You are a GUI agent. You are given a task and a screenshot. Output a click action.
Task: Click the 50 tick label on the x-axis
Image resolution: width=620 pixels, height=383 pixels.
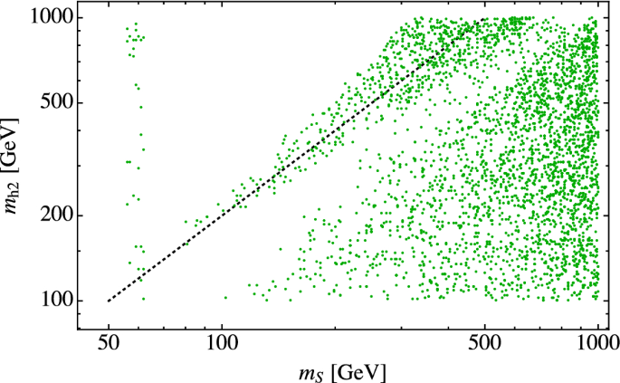coord(109,345)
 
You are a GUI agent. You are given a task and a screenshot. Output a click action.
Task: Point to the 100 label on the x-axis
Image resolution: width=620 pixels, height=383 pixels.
coord(223,345)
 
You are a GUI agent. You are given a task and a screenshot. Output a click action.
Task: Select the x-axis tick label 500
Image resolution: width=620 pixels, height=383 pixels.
coord(485,345)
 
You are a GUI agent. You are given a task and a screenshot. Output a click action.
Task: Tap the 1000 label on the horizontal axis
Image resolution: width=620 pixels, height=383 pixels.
coord(597,345)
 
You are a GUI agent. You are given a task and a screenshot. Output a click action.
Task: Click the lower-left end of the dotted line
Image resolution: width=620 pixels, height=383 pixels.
coord(109,301)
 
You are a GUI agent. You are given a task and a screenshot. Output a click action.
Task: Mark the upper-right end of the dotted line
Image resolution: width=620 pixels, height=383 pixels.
coord(485,18)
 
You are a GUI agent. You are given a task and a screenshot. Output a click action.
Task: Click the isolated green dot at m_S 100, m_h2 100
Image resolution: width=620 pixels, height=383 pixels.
coord(225,297)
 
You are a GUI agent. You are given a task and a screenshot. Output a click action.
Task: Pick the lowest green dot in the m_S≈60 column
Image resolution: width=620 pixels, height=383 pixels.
coord(142,298)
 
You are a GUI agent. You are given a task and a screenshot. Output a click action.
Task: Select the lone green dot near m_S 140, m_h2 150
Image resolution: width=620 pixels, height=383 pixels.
coord(280,249)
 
